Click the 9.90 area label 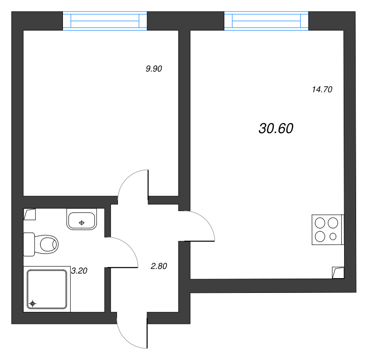154,69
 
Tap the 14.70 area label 322,90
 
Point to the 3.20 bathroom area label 79,271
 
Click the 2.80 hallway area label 159,266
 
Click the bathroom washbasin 82,219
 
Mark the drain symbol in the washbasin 82,223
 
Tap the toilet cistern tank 29,243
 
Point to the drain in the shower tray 32,304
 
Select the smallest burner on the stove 333,237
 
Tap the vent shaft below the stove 338,273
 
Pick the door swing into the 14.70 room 201,226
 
